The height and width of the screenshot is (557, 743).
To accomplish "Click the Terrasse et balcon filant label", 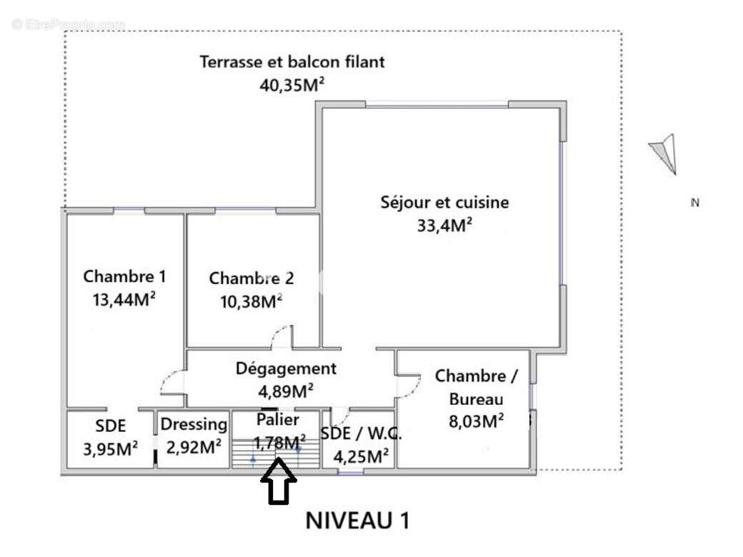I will pos(291,61).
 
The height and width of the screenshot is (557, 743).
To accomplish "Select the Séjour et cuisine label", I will pos(444,202).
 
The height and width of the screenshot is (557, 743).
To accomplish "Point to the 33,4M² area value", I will pos(444,226).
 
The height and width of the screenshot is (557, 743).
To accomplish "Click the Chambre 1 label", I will pos(119,276).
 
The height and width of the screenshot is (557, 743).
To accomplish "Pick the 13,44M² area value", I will pos(124,299).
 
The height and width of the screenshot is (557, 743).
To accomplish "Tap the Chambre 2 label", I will pos(251,278).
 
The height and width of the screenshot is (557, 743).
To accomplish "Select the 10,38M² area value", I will pos(251,301).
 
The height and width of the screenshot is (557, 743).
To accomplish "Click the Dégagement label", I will pos(286,368).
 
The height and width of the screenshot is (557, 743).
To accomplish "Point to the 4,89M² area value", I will pos(286,391).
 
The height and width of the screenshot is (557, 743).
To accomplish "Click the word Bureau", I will pos(476,399).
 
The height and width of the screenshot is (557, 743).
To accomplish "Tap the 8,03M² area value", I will pos(476,421).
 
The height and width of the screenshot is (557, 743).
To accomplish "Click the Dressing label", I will pos(194,424).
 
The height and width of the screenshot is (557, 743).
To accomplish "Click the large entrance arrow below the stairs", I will pos(278,482).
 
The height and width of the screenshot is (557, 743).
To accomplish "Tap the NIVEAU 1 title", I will pos(358,520).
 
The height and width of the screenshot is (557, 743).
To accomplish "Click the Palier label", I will pos(278,419).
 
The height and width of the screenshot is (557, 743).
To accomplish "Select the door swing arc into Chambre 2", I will pos(283,335).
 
